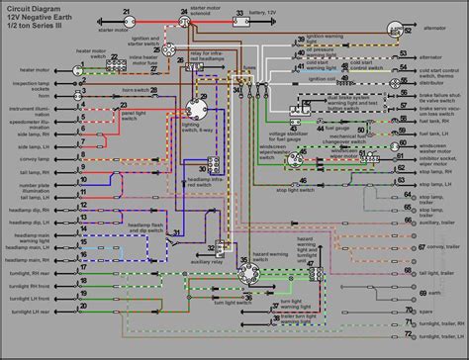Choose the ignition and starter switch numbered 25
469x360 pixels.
[x=170, y=48]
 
